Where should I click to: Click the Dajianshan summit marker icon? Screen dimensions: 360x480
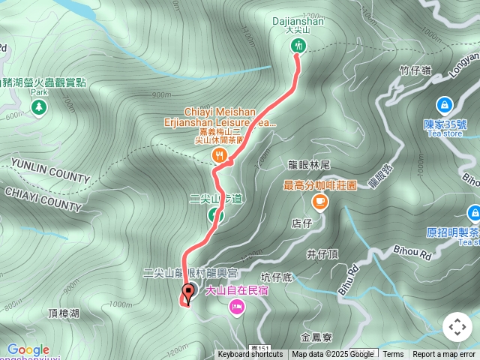[298, 46]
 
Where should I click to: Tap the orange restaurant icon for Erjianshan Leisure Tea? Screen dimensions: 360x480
[219, 155]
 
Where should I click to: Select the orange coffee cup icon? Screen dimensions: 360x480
[320, 200]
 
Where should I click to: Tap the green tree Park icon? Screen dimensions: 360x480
[39, 108]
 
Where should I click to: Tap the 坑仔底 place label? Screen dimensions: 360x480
[277, 277]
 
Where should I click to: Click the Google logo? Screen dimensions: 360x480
[28, 349]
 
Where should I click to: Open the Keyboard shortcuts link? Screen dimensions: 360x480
[250, 355]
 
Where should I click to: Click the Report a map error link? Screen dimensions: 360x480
[444, 355]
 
